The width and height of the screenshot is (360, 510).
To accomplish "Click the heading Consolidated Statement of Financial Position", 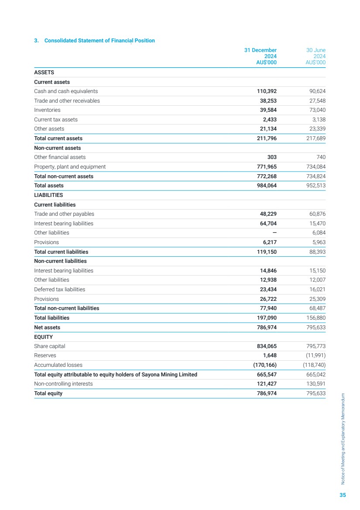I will (94, 41).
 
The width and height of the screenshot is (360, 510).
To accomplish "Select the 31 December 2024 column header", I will (261, 56).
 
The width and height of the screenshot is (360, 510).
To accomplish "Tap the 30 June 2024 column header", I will (316, 56).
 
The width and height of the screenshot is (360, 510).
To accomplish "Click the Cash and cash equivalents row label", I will (66, 91).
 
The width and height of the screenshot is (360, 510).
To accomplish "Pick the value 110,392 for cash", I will (267, 91).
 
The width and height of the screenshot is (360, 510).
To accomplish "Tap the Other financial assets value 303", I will (272, 157).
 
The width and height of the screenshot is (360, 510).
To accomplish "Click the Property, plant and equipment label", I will (70, 167).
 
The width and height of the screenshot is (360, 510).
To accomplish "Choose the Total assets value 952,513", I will (315, 186).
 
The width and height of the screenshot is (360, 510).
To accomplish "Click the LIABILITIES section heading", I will (48, 195).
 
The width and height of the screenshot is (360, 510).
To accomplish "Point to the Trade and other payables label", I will (64, 214).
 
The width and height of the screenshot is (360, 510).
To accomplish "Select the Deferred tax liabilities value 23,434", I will (268, 289).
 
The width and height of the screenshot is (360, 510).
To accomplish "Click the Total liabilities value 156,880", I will (315, 318).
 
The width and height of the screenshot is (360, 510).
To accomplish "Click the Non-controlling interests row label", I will (63, 384).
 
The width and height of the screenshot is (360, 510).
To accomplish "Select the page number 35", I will (343, 495).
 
